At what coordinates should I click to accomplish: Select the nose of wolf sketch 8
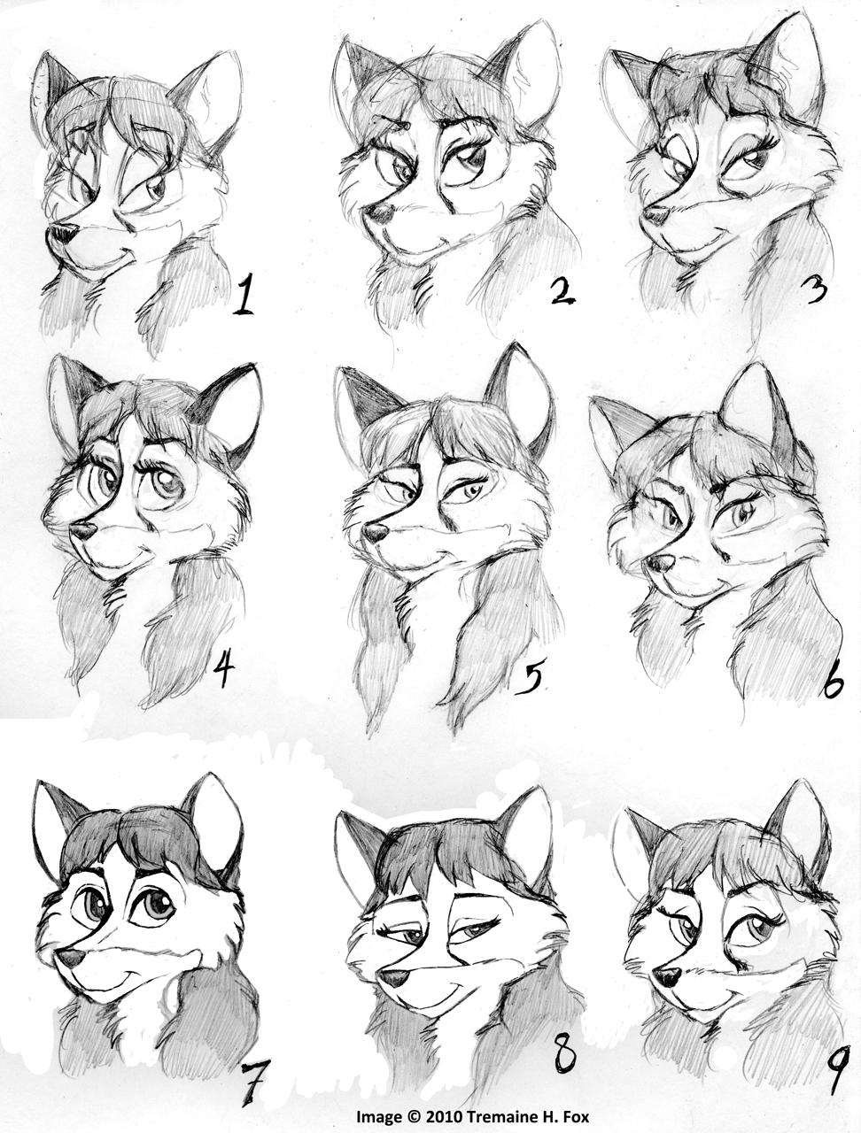(x=392, y=975)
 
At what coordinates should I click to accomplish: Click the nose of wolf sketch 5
(x=375, y=532)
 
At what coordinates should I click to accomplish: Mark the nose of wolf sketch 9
(x=667, y=974)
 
